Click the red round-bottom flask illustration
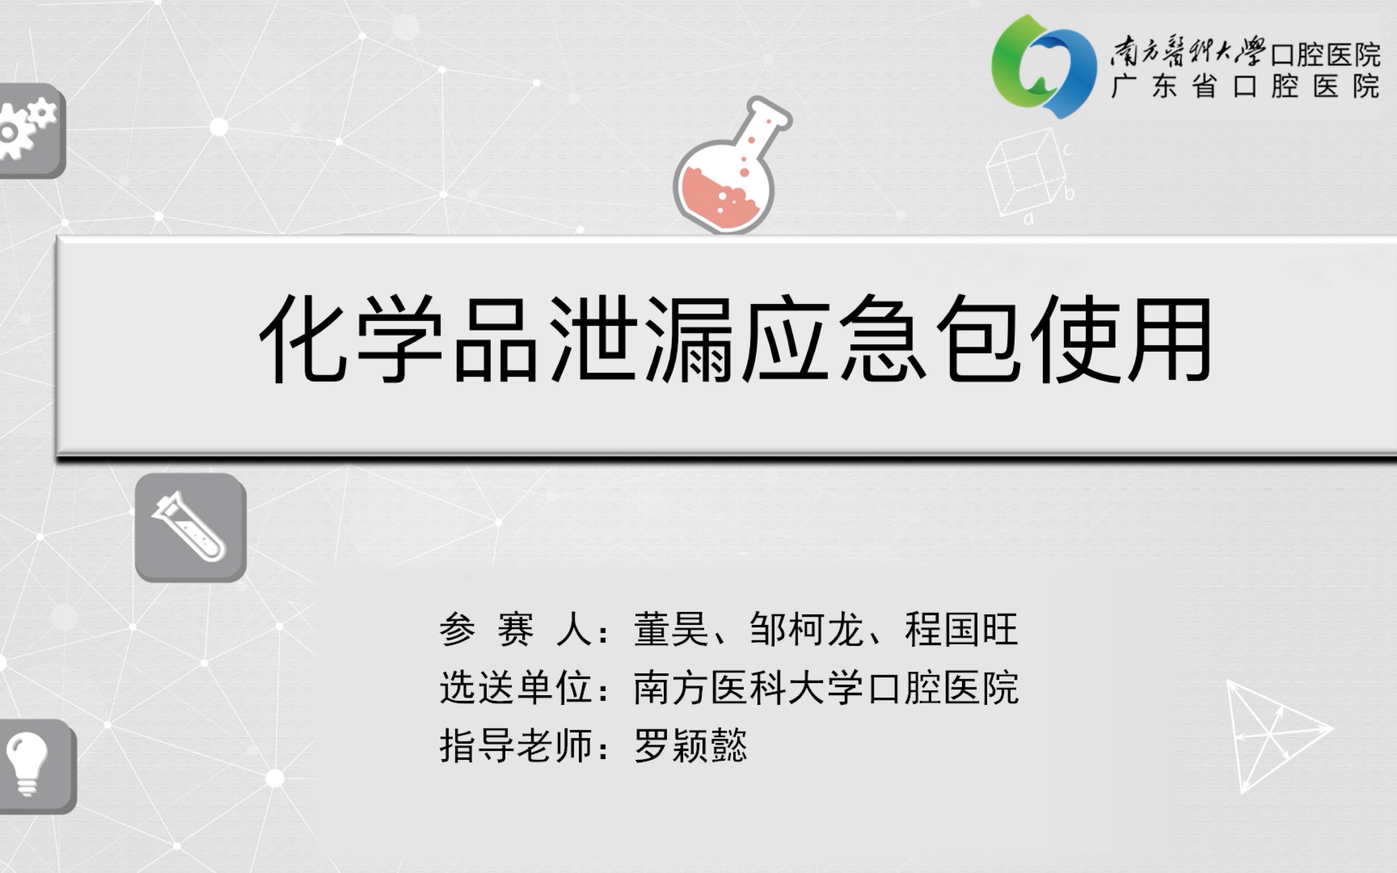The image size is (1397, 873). point(728,173)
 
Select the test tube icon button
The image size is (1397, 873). point(190,527)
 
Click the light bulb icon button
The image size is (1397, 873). point(35,765)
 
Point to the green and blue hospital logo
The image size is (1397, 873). point(1044,66)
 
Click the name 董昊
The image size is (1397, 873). point(671,629)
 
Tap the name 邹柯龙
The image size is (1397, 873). point(806,629)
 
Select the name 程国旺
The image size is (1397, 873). point(961,629)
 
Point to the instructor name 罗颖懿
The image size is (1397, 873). point(691,745)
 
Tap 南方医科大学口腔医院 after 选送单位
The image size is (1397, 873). point(826,688)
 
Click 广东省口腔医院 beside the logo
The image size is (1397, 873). point(1246,86)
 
